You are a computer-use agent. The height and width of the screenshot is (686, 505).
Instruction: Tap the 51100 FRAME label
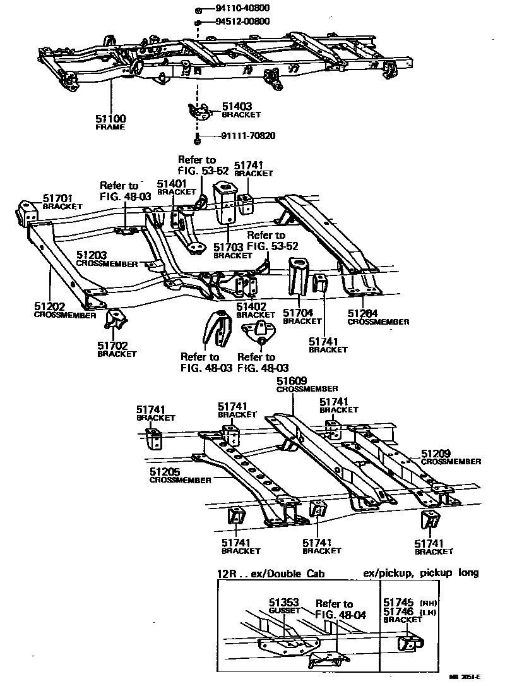pyautogui.click(x=111, y=122)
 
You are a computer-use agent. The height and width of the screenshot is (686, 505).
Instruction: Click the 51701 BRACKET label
pyautogui.click(x=62, y=202)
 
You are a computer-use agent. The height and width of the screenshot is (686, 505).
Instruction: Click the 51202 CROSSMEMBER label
pyautogui.click(x=65, y=309)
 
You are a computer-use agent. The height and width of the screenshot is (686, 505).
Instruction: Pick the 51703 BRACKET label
pyautogui.click(x=233, y=251)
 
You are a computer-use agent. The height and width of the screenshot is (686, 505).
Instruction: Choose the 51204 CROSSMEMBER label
pyautogui.click(x=377, y=316)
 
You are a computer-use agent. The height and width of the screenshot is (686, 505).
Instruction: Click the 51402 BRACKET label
pyautogui.click(x=256, y=310)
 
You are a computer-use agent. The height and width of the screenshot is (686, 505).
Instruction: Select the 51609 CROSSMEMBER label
pyautogui.click(x=307, y=384)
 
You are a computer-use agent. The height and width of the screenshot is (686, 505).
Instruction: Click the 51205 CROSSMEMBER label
pyautogui.click(x=180, y=476)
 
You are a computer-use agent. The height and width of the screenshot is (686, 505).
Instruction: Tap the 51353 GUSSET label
pyautogui.click(x=284, y=606)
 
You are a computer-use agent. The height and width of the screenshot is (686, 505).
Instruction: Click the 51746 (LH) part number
pyautogui.click(x=398, y=613)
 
